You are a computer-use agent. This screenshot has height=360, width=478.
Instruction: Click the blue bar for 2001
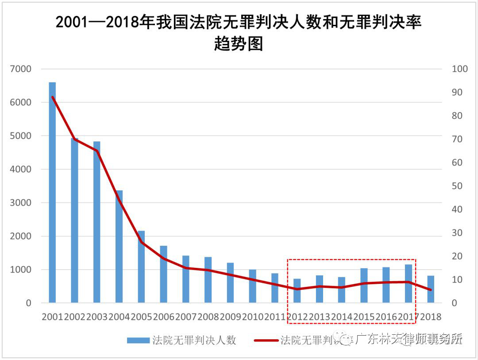click(x=52, y=193)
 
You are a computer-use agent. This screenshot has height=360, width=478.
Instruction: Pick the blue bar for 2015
click(x=364, y=286)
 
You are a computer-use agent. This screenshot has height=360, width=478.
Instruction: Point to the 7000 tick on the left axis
click(x=23, y=69)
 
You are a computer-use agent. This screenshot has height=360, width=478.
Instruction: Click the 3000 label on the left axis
click(x=23, y=203)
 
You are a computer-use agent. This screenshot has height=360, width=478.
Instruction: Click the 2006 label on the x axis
click(x=164, y=317)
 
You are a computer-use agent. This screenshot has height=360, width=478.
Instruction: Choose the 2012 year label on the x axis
click(x=297, y=317)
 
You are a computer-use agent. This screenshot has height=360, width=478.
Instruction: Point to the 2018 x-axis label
click(x=431, y=317)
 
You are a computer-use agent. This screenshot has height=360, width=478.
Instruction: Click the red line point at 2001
click(x=52, y=97)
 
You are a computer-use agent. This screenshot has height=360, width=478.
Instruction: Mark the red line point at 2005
click(x=141, y=242)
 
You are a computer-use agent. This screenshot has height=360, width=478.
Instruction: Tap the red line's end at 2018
click(x=431, y=290)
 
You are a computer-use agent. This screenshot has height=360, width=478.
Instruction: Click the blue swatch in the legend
click(x=139, y=340)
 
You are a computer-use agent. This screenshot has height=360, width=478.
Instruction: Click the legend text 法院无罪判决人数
click(x=194, y=340)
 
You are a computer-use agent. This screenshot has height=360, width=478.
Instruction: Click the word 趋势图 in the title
click(x=239, y=44)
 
